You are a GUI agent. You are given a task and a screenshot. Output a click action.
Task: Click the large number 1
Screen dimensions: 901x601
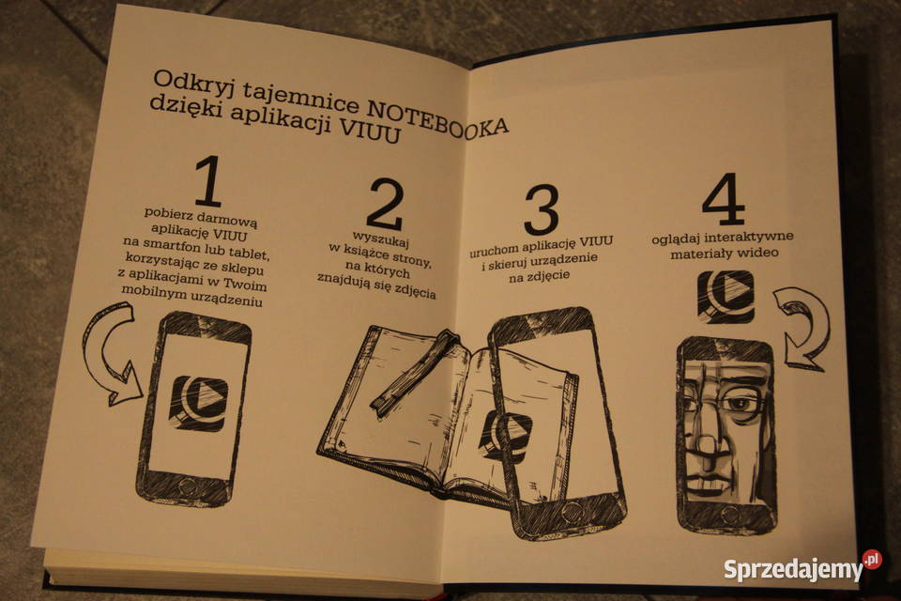tap(208, 181)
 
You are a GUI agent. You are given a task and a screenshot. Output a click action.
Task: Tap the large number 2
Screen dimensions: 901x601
tap(385, 205)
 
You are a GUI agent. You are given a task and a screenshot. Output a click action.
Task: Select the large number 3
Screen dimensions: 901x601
tap(542, 209)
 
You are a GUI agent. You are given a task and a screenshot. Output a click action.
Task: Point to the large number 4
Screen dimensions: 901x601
tap(724, 199)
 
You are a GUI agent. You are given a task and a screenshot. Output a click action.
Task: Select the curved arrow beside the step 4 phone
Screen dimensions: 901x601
tap(804, 328)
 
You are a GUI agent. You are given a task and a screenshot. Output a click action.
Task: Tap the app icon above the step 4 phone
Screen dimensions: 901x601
tap(725, 297)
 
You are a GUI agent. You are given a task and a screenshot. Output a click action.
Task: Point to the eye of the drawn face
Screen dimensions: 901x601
tap(741, 403)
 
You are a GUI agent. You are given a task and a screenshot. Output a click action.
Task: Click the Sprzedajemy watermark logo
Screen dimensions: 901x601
tap(802, 567)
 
